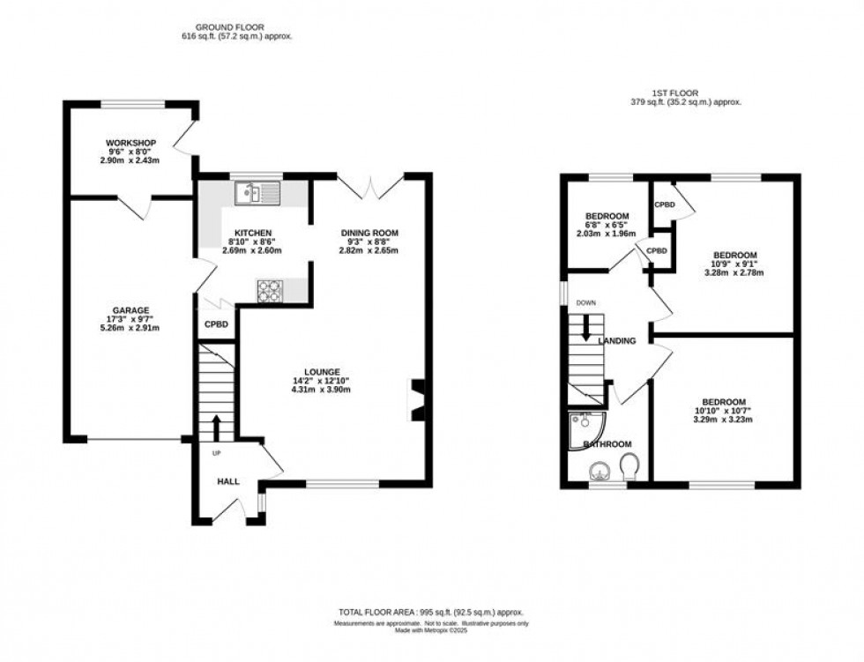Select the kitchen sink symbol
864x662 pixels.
coord(257,191)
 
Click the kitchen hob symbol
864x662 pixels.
coord(269,291)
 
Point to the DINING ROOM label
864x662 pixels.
coord(370,233)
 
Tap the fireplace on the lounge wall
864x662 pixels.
coord(417,399)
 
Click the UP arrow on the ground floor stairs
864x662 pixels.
coord(215,428)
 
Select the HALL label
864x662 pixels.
coord(229,481)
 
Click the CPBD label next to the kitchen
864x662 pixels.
coord(217,324)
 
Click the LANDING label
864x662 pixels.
coord(616,341)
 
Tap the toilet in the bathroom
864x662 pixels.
coord(630,465)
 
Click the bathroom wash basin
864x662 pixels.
coord(600,469)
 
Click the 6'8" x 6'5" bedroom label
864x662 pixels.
coord(607,217)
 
